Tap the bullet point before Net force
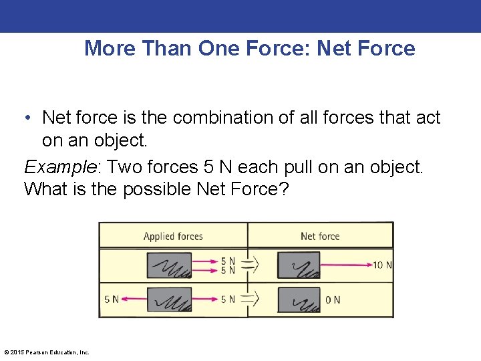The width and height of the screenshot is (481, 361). [x=28, y=118]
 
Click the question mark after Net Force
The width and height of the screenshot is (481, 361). [x=283, y=189]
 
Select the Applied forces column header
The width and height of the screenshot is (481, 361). [x=173, y=236]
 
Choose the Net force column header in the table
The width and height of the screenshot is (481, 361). [x=320, y=236]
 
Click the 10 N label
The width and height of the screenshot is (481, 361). [x=382, y=265]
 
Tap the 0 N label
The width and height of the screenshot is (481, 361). [x=333, y=299]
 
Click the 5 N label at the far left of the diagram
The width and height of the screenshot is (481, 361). [x=111, y=299]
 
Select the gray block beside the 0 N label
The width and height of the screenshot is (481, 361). [x=298, y=299]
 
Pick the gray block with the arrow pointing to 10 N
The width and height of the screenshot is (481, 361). [x=298, y=265]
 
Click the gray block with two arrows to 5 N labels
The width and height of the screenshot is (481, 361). [x=169, y=265]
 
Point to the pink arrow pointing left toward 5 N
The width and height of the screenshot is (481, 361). [x=134, y=299]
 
